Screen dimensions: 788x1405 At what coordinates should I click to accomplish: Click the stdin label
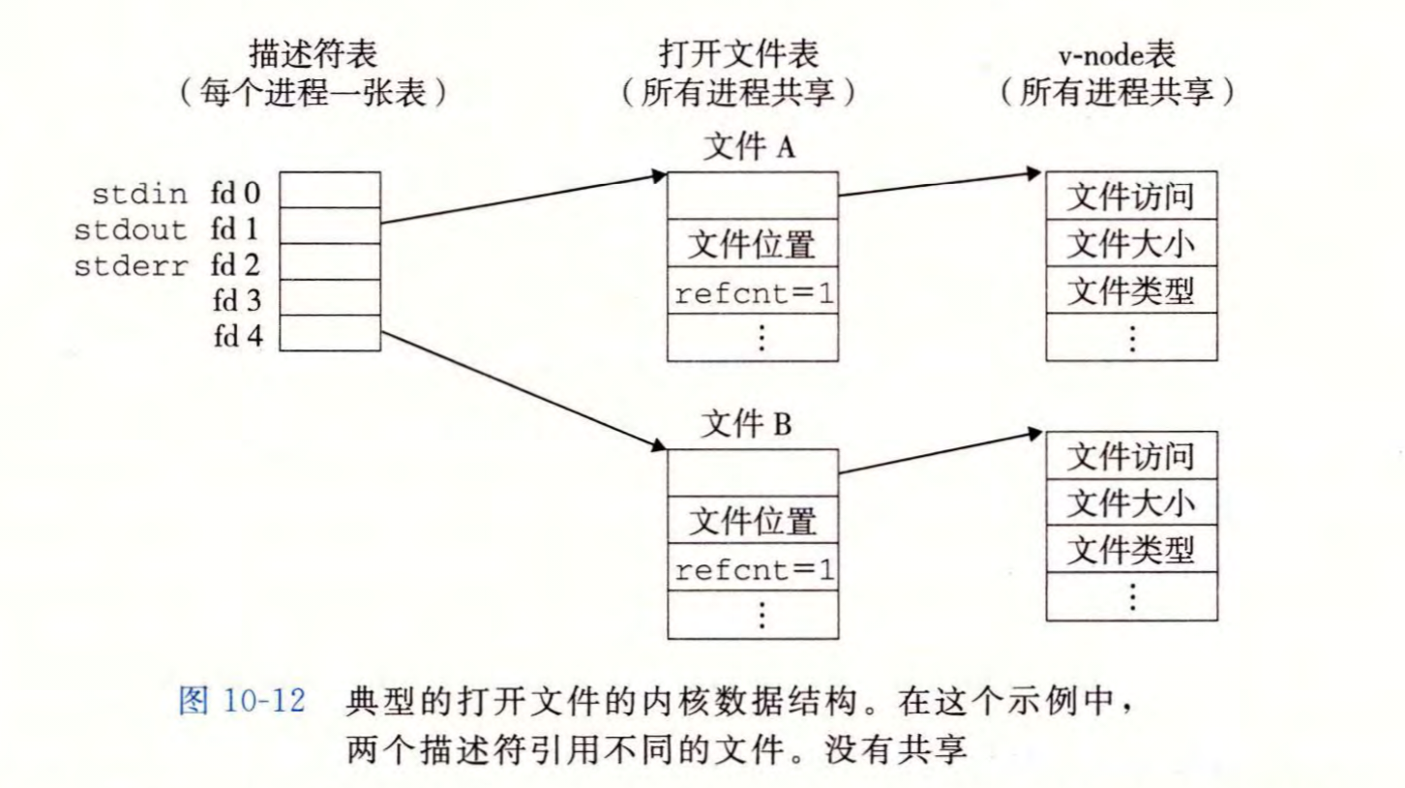click(x=139, y=194)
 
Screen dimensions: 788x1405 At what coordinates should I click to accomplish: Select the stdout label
click(x=131, y=230)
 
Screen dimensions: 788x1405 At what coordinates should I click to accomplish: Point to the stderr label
click(x=131, y=266)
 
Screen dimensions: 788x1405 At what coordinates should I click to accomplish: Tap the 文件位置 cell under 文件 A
click(x=752, y=245)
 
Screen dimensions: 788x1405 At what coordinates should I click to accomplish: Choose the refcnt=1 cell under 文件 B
click(x=752, y=569)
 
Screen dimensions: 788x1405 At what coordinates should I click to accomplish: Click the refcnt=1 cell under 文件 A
click(x=752, y=292)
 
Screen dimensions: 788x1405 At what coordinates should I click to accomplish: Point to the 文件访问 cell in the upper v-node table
click(x=1131, y=197)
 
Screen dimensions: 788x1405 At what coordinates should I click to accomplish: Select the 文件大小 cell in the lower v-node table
click(x=1131, y=503)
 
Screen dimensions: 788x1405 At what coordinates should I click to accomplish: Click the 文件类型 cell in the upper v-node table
click(x=1131, y=290)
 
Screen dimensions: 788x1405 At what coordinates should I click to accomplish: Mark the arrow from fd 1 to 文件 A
click(x=523, y=199)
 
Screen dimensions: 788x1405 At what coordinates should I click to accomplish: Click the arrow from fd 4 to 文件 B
click(x=523, y=390)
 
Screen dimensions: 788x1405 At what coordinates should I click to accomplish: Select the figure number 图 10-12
click(x=243, y=701)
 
